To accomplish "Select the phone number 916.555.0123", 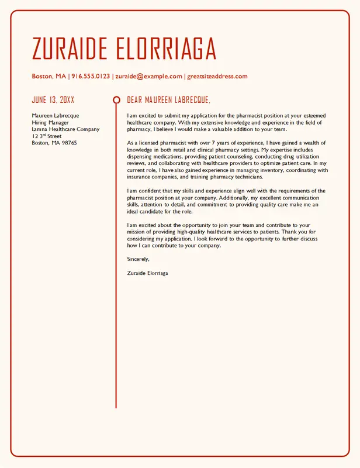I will pos(91,77).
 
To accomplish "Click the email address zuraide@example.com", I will pos(148,77).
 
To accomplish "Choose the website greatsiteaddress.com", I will pos(217,77).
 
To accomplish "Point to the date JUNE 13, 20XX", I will pos(53,100).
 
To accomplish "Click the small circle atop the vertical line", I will pos(116,100).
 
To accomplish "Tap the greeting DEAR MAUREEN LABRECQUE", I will pos(168,100).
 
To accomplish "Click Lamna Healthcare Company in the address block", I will pos(65,129).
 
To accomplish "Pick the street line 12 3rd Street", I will pos(46,136).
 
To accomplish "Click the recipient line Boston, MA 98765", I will pos(54,143).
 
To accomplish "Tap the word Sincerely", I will pos(138,259).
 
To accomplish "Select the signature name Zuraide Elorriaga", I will pos(147,273).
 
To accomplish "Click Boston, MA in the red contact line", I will pos(49,77).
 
